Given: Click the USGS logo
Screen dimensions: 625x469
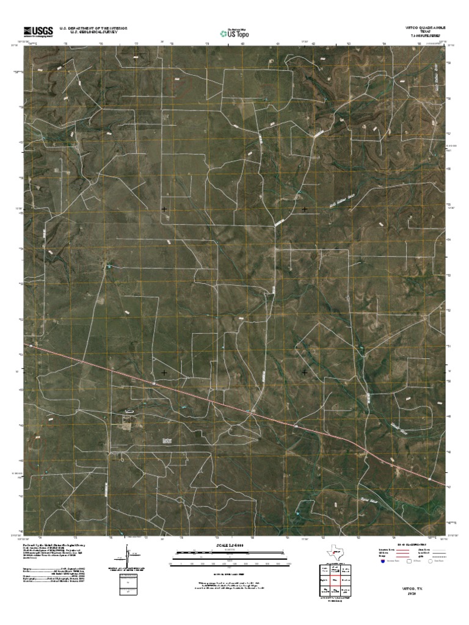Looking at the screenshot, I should [37, 31].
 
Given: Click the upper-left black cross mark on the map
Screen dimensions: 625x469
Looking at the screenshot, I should [164, 209].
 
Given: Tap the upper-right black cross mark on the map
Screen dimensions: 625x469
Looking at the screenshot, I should [304, 209].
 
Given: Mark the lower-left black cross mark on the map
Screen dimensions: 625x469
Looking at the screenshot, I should [164, 372].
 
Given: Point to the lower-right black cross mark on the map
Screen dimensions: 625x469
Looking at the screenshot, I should [304, 372].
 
